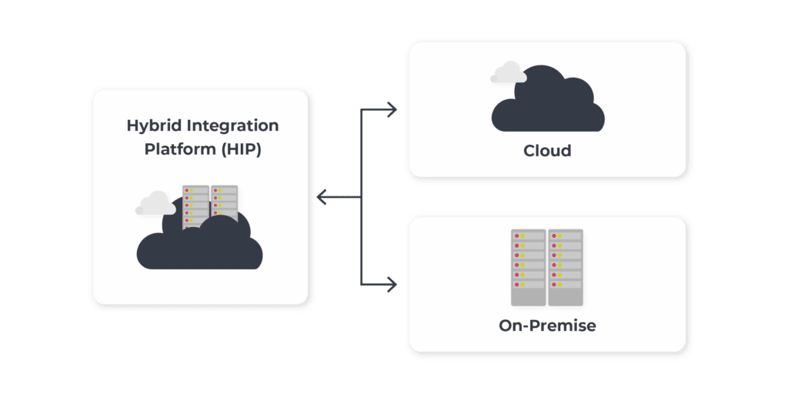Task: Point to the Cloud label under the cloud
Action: click(547, 151)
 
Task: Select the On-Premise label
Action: click(547, 326)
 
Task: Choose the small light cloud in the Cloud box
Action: click(508, 73)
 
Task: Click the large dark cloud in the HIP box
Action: click(200, 245)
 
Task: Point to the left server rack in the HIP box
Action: click(195, 206)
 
